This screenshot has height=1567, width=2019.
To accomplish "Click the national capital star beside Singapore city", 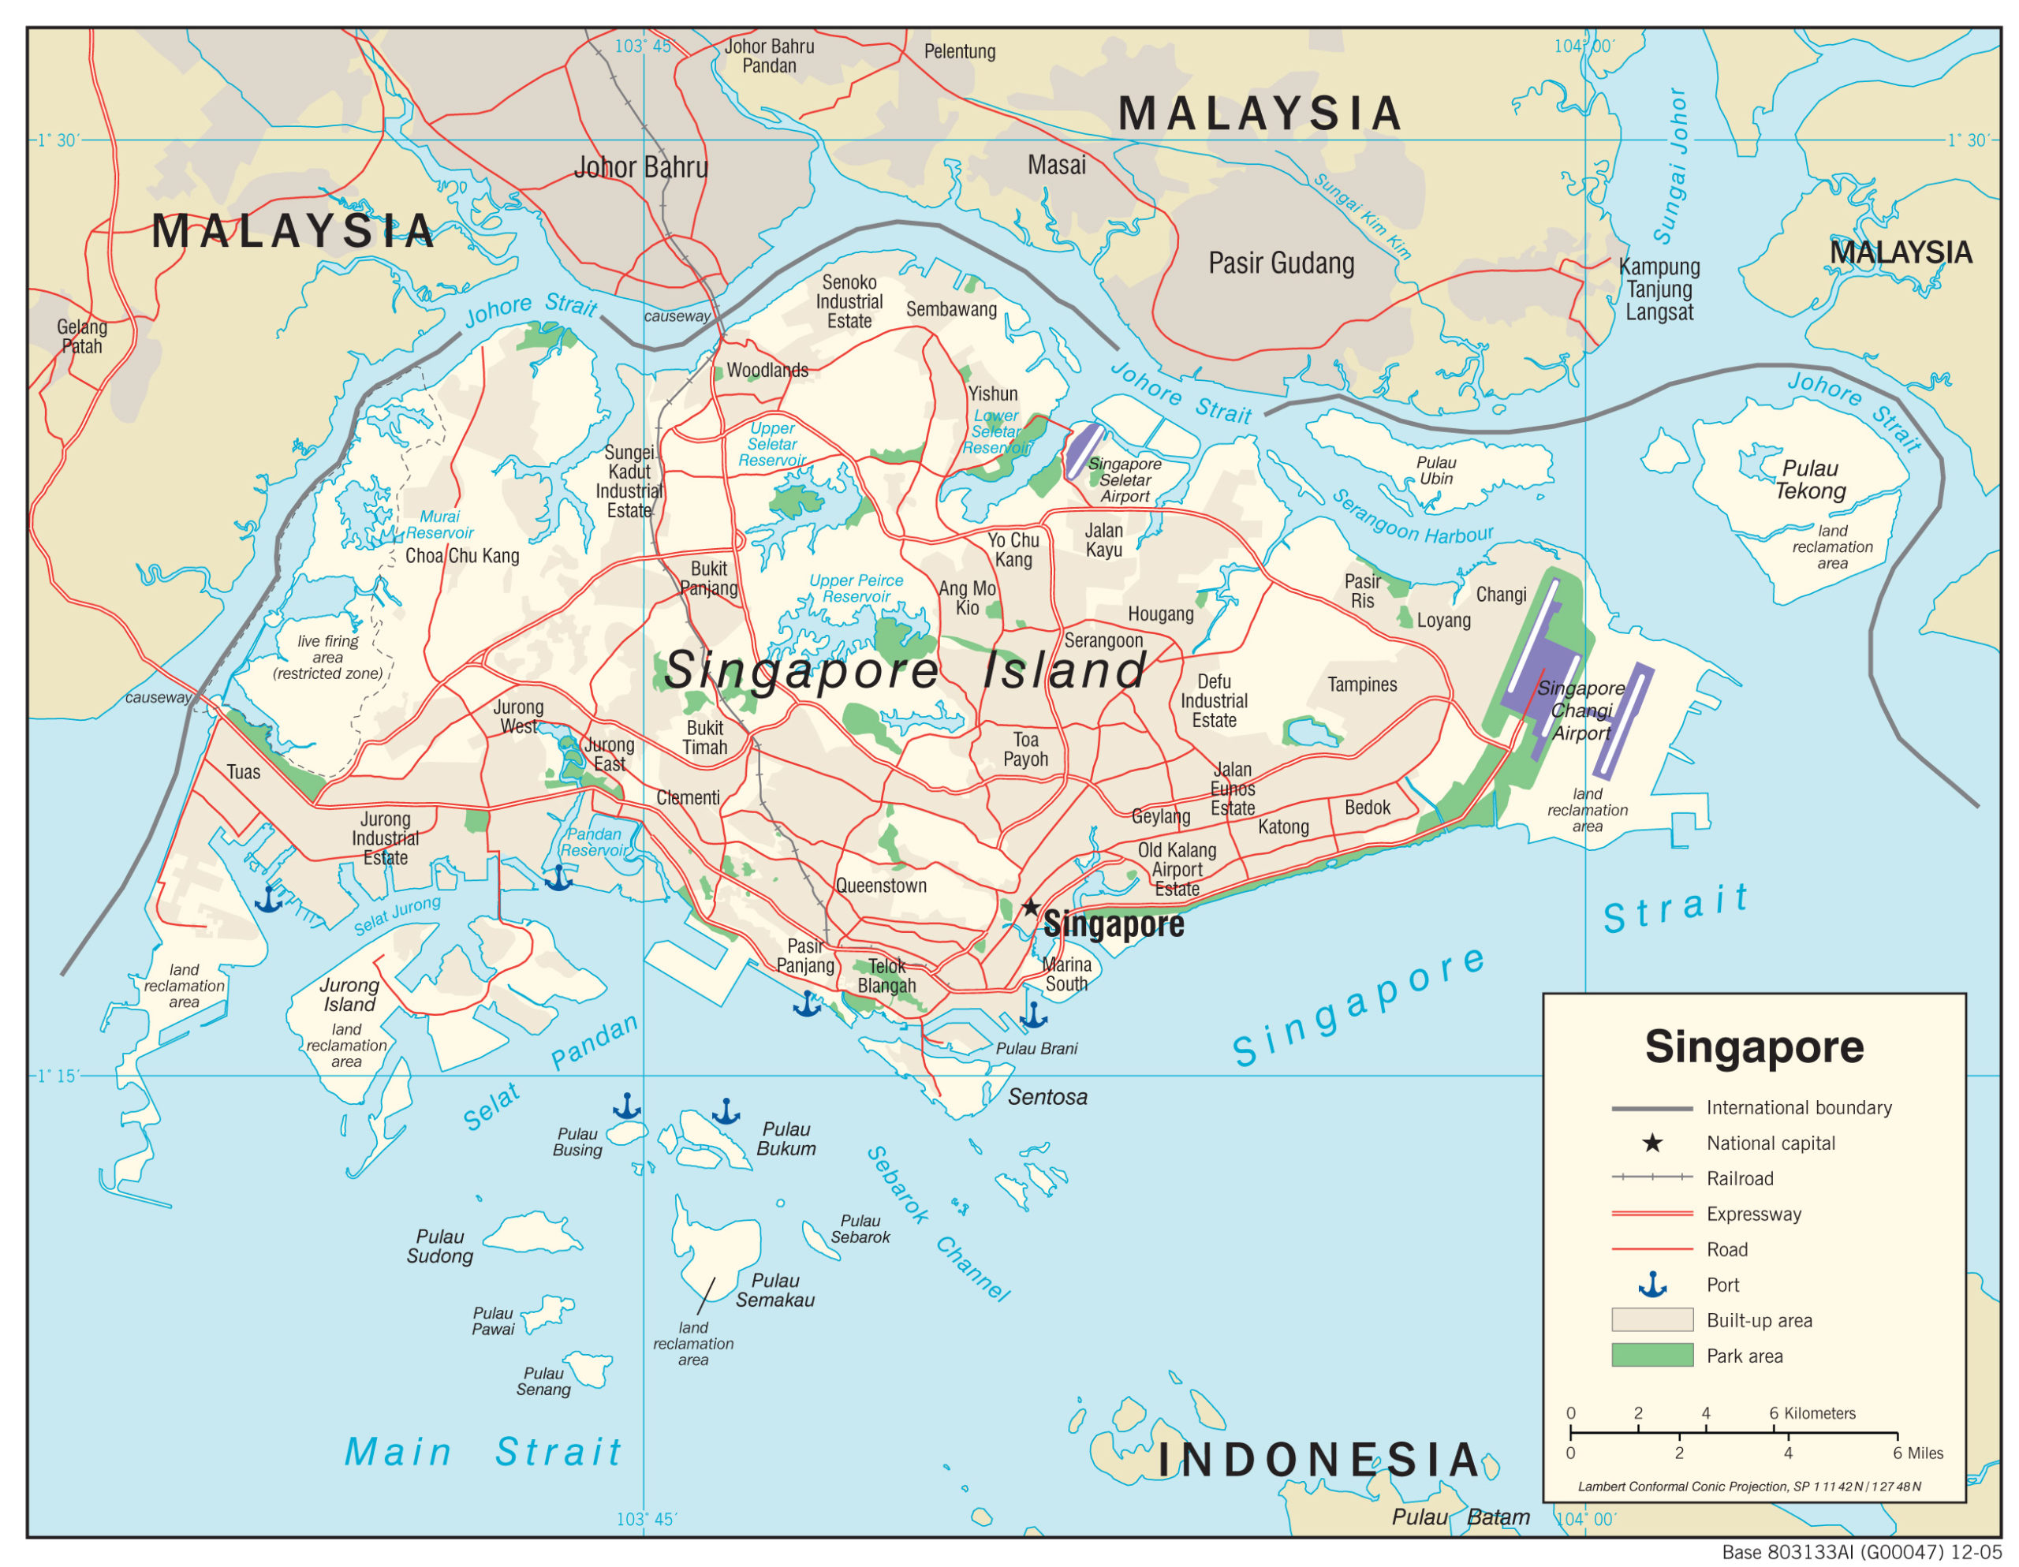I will click(x=1031, y=907).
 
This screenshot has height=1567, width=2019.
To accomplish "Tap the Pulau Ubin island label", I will click(x=1435, y=471).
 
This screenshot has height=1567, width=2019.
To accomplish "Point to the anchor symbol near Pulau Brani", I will click(x=1032, y=1016).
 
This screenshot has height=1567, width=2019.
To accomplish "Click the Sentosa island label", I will click(x=1047, y=1097).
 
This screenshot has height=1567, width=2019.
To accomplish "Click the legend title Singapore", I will click(x=1754, y=1047).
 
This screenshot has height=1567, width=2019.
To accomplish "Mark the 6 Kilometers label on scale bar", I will click(x=1811, y=1412).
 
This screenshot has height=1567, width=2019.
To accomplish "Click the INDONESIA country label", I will click(x=1319, y=1460).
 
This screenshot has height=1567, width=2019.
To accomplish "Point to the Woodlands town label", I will click(x=767, y=371).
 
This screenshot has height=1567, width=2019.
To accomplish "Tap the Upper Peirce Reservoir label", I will click(x=855, y=589).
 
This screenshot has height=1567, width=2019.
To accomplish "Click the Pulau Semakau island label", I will click(x=774, y=1289).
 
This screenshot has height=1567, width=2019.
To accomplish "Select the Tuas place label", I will click(x=243, y=772).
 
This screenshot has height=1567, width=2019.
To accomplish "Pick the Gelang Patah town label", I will click(x=81, y=337).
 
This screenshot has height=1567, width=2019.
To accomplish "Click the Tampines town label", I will click(x=1362, y=684).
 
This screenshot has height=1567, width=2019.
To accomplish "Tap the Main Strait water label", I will click(x=483, y=1451).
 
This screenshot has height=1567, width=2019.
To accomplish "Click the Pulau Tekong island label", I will click(x=1809, y=479).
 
